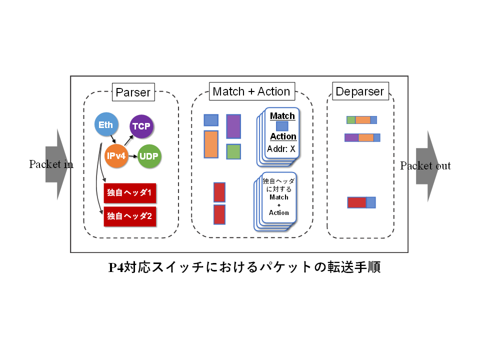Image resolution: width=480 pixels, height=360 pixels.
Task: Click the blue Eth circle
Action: (x=105, y=125)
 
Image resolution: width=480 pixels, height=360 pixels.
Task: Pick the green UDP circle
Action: (x=149, y=156)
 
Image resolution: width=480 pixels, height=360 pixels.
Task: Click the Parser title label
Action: (x=132, y=92)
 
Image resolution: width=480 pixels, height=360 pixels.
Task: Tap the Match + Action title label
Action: (x=251, y=91)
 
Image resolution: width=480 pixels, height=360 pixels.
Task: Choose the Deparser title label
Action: (x=359, y=91)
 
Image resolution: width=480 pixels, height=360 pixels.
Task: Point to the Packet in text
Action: (x=51, y=164)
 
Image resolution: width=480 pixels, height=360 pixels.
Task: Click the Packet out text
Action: (x=425, y=166)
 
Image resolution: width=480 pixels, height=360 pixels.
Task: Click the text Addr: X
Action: (x=281, y=148)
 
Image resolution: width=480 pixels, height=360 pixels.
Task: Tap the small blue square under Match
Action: (x=282, y=126)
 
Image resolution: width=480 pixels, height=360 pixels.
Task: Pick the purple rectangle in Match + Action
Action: (x=233, y=126)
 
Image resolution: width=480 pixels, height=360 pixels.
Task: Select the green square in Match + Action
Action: (x=233, y=151)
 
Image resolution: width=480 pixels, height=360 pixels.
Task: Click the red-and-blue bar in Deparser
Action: (x=361, y=202)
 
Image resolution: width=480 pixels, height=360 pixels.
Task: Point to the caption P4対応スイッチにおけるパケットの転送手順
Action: (x=244, y=267)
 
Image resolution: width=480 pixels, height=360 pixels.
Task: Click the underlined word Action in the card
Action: (x=283, y=136)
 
